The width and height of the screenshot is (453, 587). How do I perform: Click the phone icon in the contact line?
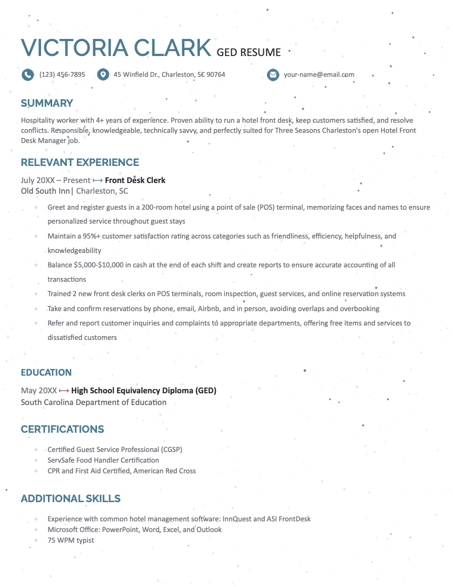pos(28,75)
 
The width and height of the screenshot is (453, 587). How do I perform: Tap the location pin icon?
pos(103,75)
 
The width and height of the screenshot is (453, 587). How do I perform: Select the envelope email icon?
pos(273,75)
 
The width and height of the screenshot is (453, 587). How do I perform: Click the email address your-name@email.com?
pos(319,75)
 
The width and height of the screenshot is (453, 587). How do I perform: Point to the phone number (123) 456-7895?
pos(62,75)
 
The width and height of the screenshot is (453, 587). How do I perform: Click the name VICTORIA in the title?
pos(74,48)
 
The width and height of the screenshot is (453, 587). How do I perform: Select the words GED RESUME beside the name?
pos(248,52)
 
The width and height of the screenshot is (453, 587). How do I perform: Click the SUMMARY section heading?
pos(47,104)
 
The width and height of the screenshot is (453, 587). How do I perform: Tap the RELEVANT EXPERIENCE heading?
pos(80,163)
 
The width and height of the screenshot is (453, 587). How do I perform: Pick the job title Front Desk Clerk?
pos(135,180)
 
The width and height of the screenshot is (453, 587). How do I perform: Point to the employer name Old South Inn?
pos(45,191)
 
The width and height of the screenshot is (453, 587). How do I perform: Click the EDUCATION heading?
pos(46,372)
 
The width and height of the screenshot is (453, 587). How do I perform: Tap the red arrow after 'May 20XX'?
pos(64,391)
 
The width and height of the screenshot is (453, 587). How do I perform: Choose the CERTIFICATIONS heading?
pos(62,430)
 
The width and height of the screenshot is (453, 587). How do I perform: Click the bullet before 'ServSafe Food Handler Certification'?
pos(36,461)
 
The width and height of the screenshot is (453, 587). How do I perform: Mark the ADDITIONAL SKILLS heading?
pos(71,499)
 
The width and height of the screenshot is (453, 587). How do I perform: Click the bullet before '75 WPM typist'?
pos(36,541)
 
